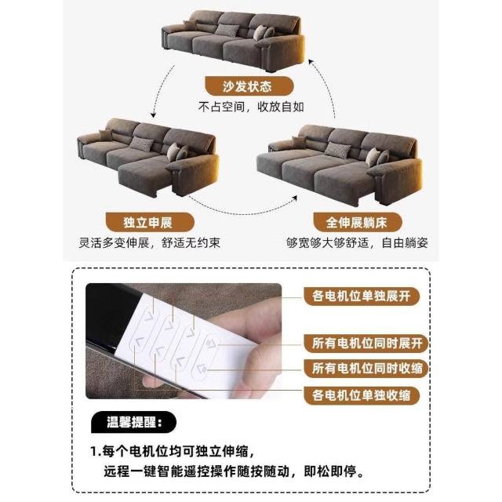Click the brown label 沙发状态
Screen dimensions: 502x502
tap(249, 86)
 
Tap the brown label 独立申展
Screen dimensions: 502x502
tap(150, 222)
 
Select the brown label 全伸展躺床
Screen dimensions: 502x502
tap(358, 222)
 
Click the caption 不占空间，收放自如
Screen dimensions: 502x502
tap(251, 107)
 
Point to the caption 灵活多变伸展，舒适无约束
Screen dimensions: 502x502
tap(150, 242)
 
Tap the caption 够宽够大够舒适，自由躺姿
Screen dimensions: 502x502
tap(357, 242)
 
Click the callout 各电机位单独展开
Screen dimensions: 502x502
tap(361, 296)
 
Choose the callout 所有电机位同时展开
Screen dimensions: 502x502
tap(366, 344)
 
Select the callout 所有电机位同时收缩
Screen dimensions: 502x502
tap(366, 368)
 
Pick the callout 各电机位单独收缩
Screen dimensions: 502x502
tap(361, 395)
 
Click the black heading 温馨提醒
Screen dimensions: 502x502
tap(134, 422)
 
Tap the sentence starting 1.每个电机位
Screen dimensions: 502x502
tap(173, 452)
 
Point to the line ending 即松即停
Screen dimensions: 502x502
tap(234, 471)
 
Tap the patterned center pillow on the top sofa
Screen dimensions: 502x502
tap(227, 30)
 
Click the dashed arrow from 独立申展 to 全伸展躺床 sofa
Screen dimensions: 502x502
tap(243, 213)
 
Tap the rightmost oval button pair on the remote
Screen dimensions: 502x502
tap(206, 356)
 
